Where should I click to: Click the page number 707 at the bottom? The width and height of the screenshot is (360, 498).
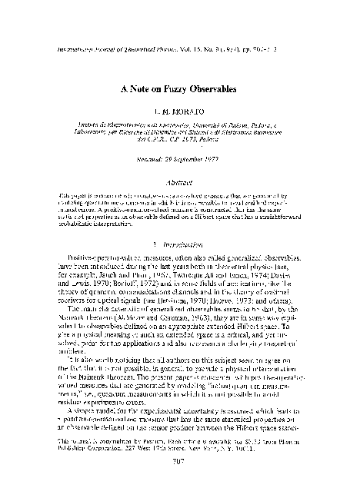(x=181, y=484)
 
